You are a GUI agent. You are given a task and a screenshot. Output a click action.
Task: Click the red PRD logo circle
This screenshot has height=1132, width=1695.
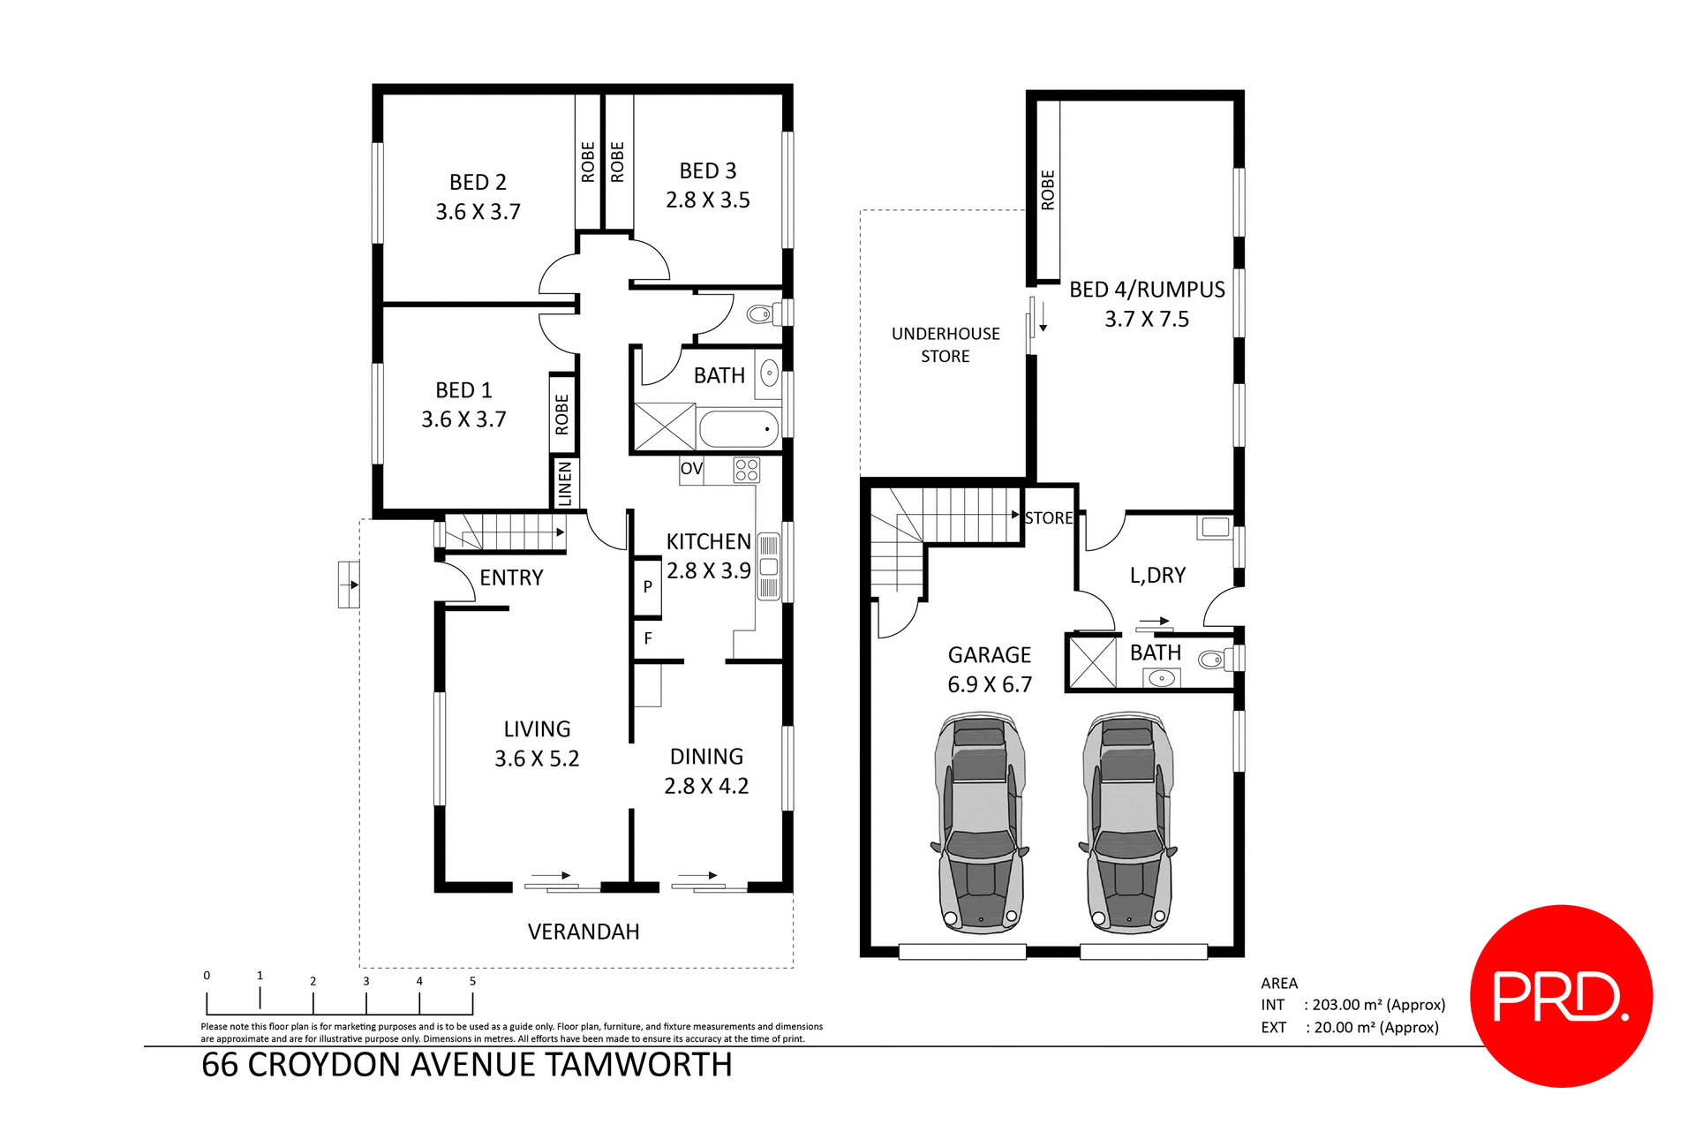tap(1561, 996)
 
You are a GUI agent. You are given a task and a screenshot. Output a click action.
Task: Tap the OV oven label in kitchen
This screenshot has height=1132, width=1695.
tap(690, 469)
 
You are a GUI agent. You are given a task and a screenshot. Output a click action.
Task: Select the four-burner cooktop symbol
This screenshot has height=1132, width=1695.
tap(746, 470)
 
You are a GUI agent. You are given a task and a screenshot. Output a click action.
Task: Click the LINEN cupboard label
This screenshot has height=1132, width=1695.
tap(565, 483)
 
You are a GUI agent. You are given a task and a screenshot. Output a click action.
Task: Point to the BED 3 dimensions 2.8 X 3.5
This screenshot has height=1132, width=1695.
tap(707, 200)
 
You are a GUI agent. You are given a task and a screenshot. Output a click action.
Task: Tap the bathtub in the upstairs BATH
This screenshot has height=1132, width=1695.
tap(738, 429)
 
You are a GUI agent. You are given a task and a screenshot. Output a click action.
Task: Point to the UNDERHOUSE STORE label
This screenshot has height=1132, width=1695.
tap(945, 345)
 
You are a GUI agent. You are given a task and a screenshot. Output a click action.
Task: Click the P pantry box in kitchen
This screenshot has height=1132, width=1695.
tap(647, 586)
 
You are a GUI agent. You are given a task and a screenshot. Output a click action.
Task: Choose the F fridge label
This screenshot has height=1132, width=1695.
tap(647, 638)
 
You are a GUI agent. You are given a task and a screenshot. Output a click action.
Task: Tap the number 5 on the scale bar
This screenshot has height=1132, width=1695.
tap(472, 981)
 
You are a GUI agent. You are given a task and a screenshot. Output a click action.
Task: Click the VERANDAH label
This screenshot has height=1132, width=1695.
tap(584, 932)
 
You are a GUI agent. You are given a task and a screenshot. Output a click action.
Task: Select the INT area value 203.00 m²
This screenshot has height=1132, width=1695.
tap(1377, 1005)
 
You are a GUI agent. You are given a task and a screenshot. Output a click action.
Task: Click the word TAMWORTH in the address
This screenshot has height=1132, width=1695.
tap(637, 1065)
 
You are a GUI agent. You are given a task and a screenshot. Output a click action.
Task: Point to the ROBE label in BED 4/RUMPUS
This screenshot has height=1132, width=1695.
tap(1048, 190)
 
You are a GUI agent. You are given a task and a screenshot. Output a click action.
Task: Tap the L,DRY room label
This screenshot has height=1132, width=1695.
tap(1157, 576)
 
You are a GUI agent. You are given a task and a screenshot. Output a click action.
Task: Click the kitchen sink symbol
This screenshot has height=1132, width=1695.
tap(768, 567)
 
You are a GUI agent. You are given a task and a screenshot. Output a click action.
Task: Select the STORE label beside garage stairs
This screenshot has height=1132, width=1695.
tap(1048, 518)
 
